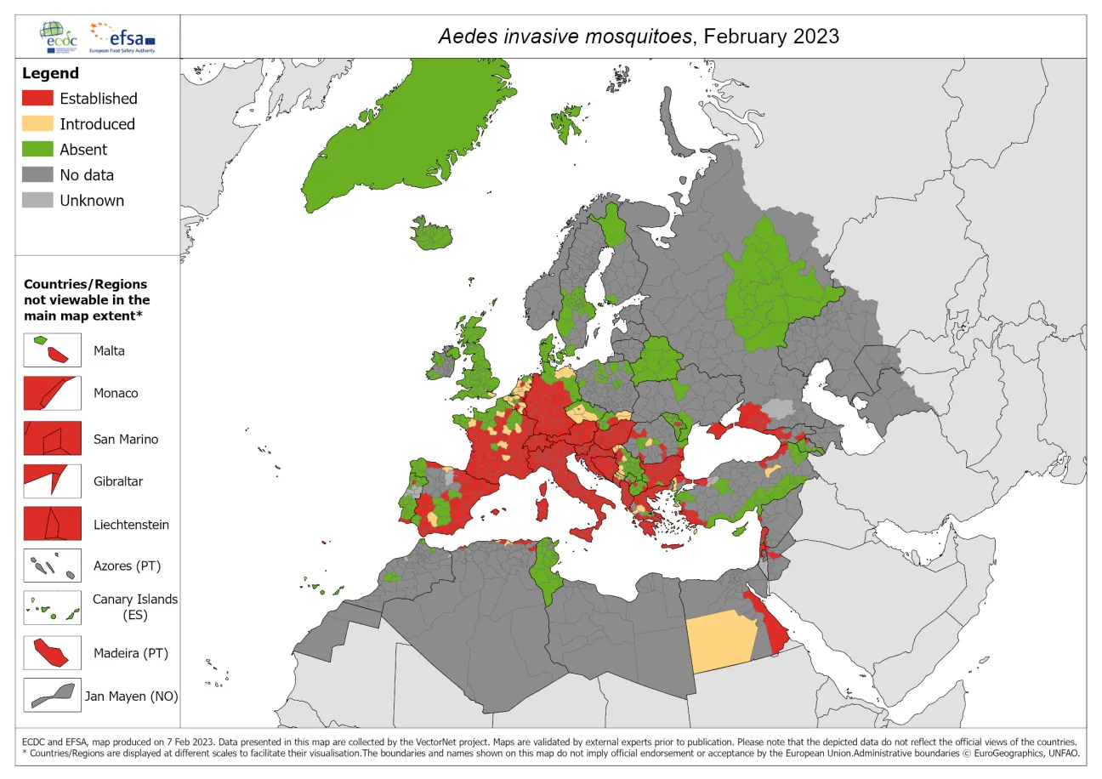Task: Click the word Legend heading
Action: [50, 73]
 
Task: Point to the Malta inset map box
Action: [53, 350]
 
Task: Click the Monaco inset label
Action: [116, 394]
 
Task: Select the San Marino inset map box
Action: [53, 439]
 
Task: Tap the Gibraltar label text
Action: [118, 481]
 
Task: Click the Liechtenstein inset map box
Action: [53, 524]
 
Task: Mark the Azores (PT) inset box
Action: [53, 566]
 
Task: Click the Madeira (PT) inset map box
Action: [53, 653]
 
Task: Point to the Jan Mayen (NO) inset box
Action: [53, 695]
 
